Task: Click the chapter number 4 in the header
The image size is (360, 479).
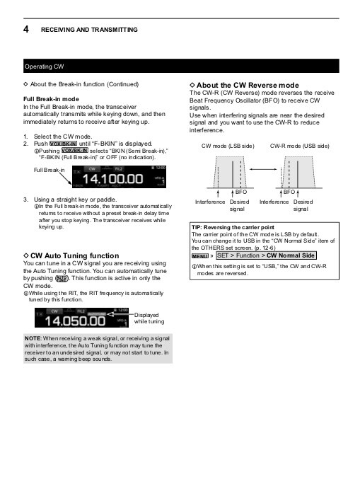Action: [x=25, y=30]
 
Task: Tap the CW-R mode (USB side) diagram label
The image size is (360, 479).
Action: [x=300, y=145]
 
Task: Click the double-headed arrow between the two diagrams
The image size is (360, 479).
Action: [x=263, y=170]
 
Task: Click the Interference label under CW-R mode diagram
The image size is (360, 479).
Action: [x=274, y=202]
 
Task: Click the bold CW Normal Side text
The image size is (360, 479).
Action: [x=291, y=255]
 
